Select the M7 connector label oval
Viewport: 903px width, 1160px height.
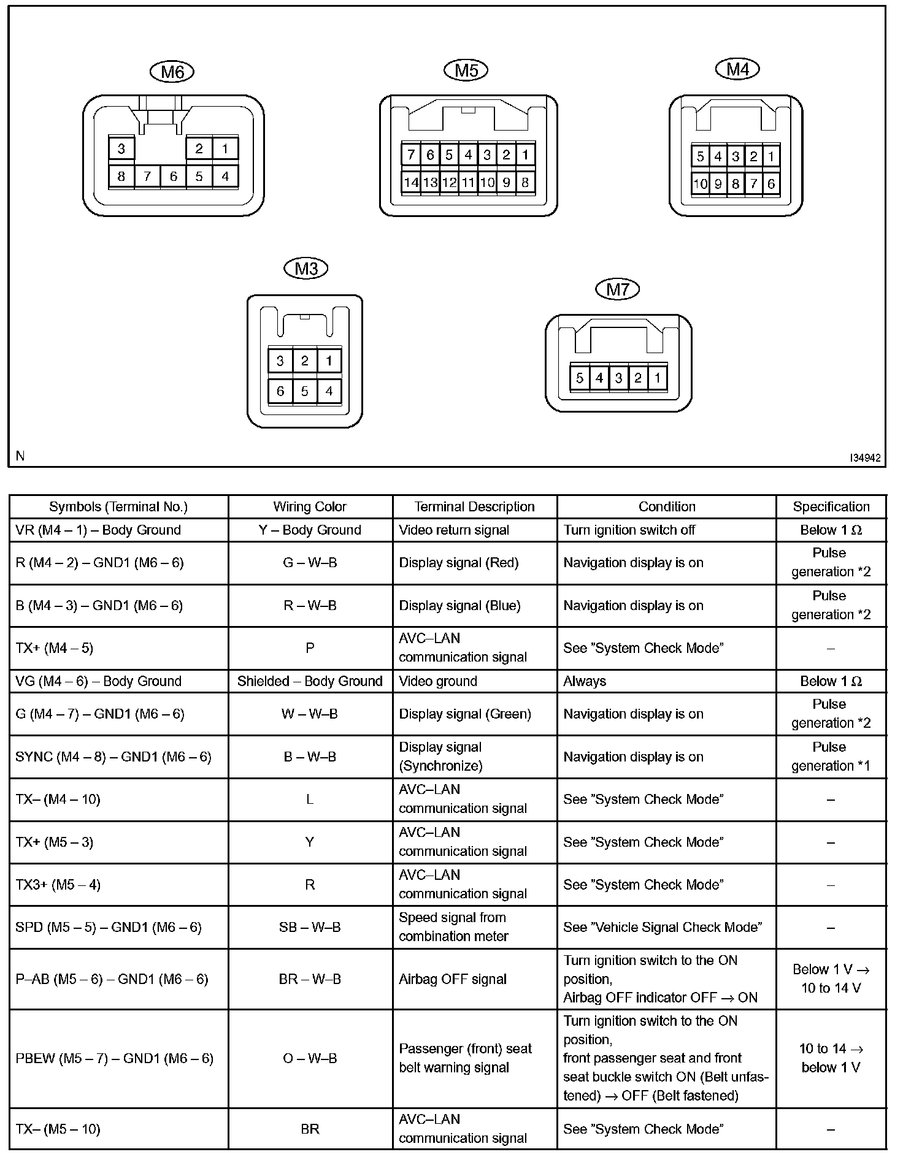click(617, 289)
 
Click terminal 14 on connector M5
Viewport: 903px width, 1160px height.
click(411, 182)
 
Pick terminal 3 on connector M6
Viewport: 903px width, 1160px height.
click(121, 148)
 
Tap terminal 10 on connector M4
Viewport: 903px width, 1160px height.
click(700, 183)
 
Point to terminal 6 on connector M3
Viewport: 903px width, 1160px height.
click(280, 391)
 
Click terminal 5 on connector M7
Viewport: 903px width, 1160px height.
click(580, 378)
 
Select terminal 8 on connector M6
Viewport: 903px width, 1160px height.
click(121, 177)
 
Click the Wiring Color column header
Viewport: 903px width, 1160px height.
click(310, 507)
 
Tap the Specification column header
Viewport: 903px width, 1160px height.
click(831, 507)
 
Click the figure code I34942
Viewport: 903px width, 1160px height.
click(865, 457)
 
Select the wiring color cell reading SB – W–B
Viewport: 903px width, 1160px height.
click(310, 927)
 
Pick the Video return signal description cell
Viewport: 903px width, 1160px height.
click(454, 530)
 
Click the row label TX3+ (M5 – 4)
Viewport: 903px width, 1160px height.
click(58, 885)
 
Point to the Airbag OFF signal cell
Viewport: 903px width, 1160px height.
click(453, 979)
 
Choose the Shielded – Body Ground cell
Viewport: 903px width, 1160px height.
click(310, 681)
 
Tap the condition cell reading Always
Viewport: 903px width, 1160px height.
click(585, 681)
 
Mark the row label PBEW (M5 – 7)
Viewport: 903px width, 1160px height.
click(114, 1058)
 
